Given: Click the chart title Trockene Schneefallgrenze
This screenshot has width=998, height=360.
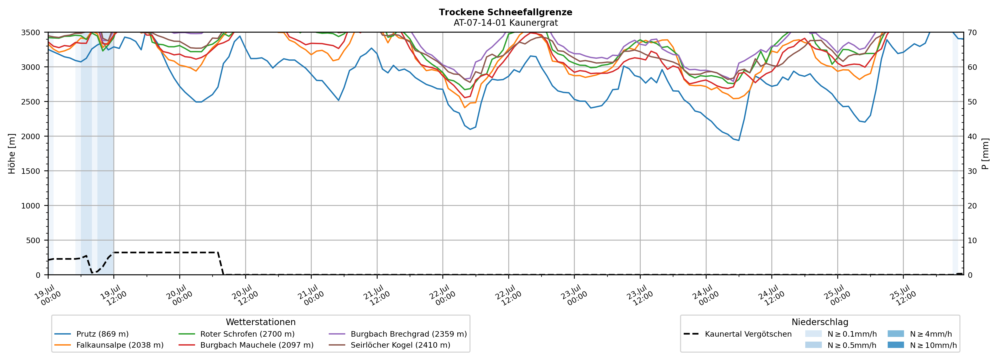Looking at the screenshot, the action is click(x=506, y=12).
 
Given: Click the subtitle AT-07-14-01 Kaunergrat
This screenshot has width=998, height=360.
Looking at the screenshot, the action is click(x=506, y=23).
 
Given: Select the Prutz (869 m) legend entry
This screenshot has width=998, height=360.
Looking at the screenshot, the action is click(x=91, y=334).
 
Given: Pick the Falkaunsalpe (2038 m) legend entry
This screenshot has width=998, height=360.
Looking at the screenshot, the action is click(x=109, y=345).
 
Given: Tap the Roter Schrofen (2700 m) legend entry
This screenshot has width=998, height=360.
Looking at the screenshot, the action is click(x=236, y=334).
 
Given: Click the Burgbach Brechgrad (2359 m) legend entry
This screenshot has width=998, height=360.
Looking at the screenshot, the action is click(x=398, y=334).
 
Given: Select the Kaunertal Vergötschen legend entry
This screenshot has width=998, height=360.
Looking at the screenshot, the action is click(x=738, y=334).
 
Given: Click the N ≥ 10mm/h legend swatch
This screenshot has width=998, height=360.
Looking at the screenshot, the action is click(x=896, y=345).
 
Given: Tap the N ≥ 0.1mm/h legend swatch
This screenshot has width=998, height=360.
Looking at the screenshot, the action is click(x=813, y=334).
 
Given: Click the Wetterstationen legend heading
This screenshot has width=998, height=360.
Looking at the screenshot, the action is click(x=261, y=322).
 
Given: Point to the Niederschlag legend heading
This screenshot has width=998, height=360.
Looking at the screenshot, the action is click(x=820, y=322).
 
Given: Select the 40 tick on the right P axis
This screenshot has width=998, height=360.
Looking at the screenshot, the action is click(x=972, y=136).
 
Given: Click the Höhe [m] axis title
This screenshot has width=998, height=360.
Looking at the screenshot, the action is click(x=12, y=153).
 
